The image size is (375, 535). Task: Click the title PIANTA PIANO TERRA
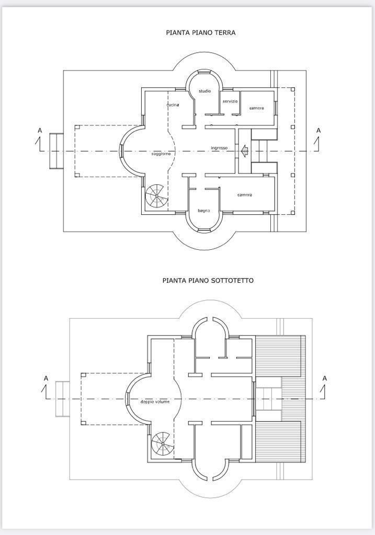point(201,33)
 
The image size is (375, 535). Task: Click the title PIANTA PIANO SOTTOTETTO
point(208,281)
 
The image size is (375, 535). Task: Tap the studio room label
point(205,91)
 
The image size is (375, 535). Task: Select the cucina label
point(173,104)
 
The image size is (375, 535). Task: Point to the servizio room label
point(230,101)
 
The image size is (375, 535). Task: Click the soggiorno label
point(161,154)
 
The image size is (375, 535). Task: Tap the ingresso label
point(219,148)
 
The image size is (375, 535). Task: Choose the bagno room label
point(204,211)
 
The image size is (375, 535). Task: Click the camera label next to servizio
point(256,108)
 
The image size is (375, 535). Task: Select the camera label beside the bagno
point(245,195)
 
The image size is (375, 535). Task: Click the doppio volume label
point(155,402)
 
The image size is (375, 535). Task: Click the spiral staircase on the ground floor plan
point(156,196)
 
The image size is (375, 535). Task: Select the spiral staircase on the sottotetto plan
point(162,443)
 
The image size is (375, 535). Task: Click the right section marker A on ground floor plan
point(318,139)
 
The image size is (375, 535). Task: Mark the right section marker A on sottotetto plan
point(324,387)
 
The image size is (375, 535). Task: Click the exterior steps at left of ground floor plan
point(56,151)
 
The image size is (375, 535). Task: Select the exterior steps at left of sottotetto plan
point(63,399)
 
